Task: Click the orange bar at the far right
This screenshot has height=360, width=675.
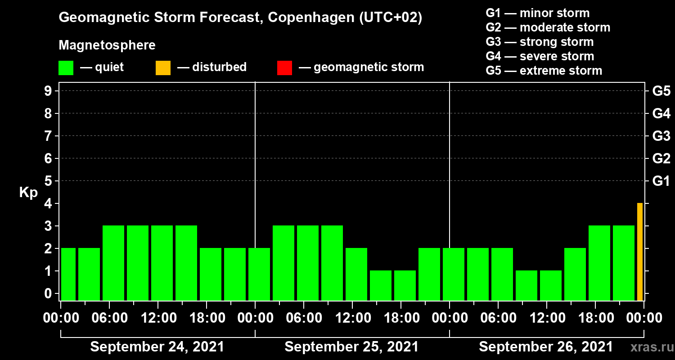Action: point(639,252)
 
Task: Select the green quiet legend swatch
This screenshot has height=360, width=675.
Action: point(66,67)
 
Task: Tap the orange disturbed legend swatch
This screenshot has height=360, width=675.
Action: point(163,67)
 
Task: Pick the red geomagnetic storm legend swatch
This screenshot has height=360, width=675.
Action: point(284,67)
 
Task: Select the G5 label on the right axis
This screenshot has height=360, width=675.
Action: point(661,91)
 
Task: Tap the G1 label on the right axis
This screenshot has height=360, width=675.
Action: point(661,181)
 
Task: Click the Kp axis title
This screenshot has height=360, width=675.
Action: point(28,193)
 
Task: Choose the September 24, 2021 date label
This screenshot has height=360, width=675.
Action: point(157,347)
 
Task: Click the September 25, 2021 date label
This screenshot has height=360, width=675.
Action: point(351,347)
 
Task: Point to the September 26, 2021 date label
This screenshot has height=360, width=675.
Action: point(545,347)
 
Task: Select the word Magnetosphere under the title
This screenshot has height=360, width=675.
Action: point(107,45)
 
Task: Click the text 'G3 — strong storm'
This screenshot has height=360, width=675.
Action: point(540,42)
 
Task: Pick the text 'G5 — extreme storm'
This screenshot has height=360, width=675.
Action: point(544,71)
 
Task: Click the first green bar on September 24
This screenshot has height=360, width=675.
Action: point(68,274)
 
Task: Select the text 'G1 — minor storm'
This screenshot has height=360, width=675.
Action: point(537,13)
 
